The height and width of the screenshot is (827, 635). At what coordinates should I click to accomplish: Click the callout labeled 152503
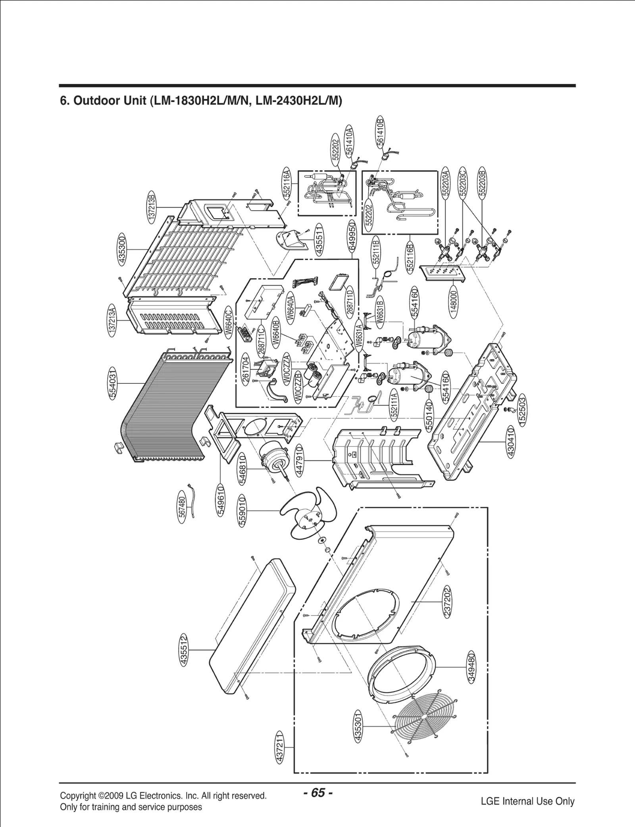pyautogui.click(x=522, y=412)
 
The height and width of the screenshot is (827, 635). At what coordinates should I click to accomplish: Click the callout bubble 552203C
pyautogui.click(x=462, y=182)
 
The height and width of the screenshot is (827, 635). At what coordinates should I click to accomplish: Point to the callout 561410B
pyautogui.click(x=380, y=132)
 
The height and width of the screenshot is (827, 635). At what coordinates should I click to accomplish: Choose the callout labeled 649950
pyautogui.click(x=352, y=237)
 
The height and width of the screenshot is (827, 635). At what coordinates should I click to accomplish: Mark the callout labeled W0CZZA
pyautogui.click(x=287, y=369)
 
